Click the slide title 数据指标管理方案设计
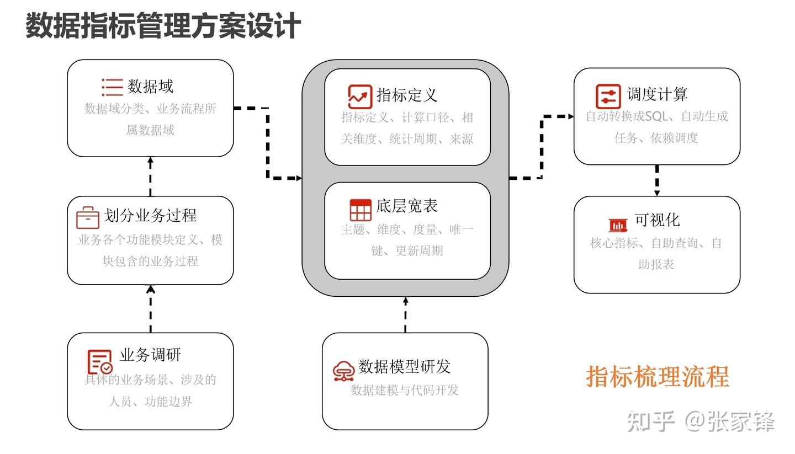click(163, 26)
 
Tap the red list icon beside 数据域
click(112, 87)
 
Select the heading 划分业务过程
click(150, 215)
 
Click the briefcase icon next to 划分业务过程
click(88, 217)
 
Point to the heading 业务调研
click(150, 355)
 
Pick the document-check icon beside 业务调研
click(100, 362)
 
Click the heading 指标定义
click(407, 95)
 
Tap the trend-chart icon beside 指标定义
click(360, 97)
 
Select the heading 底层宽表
click(407, 206)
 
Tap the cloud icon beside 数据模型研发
click(343, 371)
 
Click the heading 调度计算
click(657, 94)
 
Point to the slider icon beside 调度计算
click(608, 97)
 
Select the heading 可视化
click(657, 220)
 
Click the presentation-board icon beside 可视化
click(618, 225)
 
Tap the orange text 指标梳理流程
click(658, 377)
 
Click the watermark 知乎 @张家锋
click(701, 421)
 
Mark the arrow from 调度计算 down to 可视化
click(657, 180)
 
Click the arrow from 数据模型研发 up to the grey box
click(406, 314)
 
